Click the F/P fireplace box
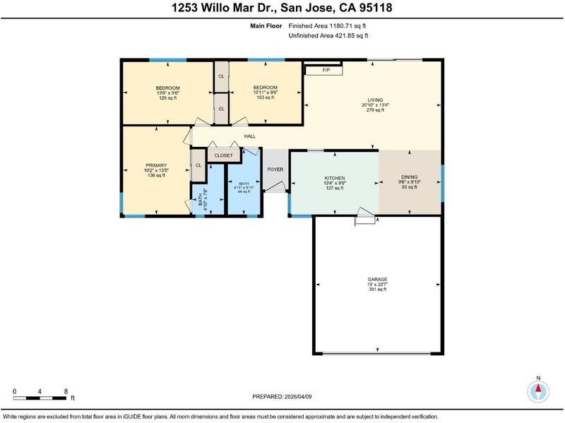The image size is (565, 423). (x=323, y=70)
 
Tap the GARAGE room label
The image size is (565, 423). (x=377, y=279)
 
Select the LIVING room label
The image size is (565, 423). (x=375, y=100)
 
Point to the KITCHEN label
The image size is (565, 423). (x=335, y=178)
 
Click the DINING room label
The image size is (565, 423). (x=410, y=177)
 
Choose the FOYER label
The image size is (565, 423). (x=275, y=169)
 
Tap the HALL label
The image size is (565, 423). (x=250, y=136)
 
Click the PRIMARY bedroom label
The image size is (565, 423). (x=156, y=165)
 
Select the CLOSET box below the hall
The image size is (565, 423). (x=224, y=155)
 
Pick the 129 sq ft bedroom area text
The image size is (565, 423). (x=168, y=97)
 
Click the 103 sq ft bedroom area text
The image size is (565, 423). (x=266, y=97)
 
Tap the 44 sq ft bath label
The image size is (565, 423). (x=244, y=191)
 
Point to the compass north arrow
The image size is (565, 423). (x=538, y=388)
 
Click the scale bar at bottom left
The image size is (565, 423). (x=40, y=398)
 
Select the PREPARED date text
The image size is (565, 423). (x=282, y=397)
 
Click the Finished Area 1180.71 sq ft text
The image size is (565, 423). (x=327, y=25)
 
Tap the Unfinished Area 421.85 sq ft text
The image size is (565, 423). (x=328, y=36)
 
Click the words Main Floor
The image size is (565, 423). (x=266, y=25)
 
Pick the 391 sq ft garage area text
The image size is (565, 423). (x=377, y=289)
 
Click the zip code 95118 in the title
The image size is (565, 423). (x=376, y=8)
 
